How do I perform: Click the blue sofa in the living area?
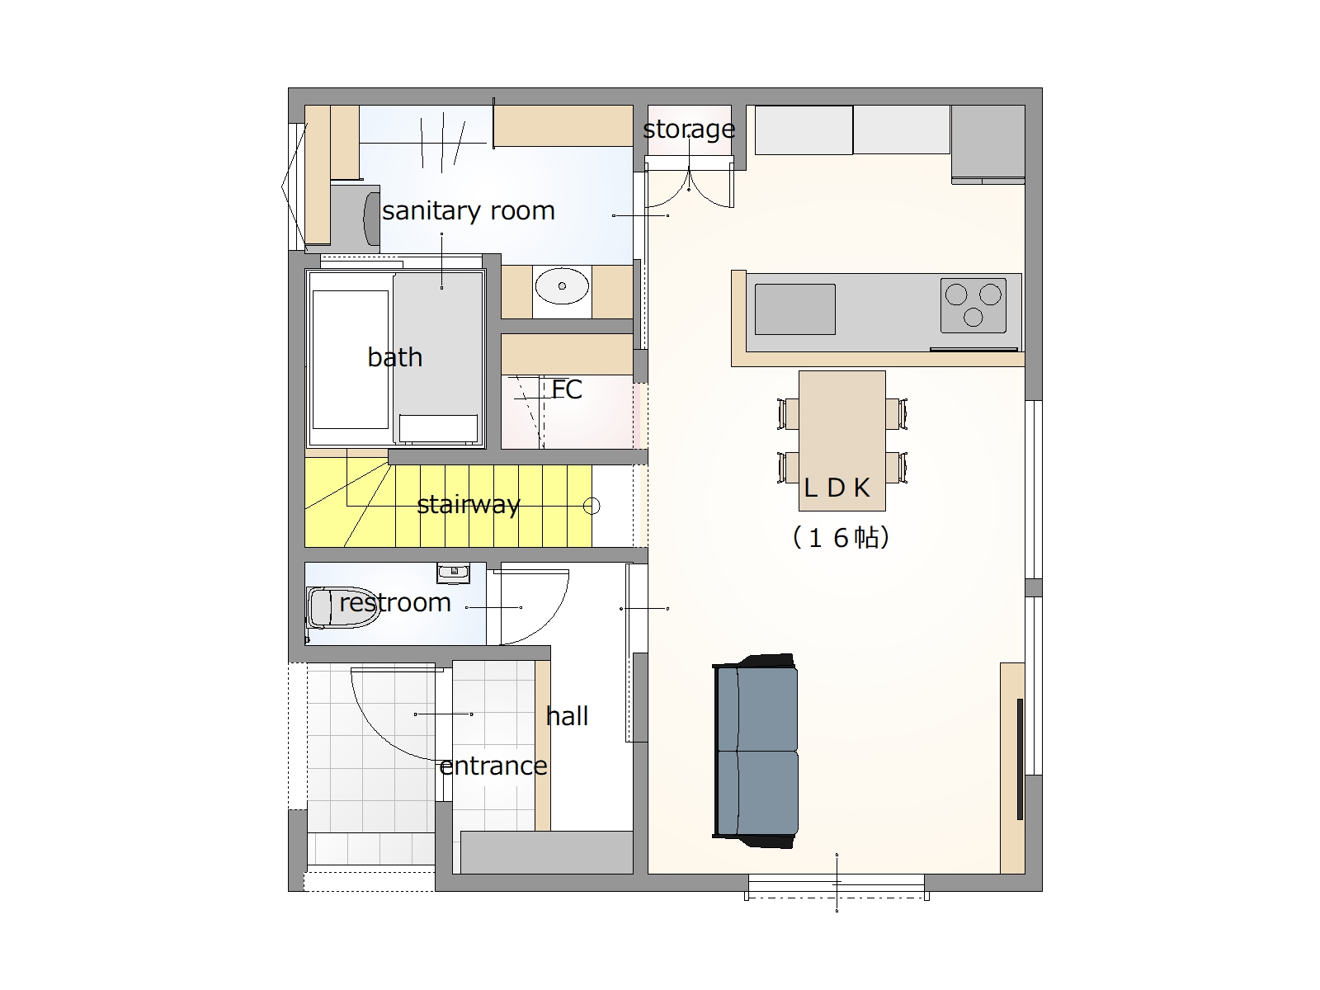[756, 751]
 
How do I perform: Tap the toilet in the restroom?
[340, 607]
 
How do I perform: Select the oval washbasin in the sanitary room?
[562, 286]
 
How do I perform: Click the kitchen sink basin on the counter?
[795, 309]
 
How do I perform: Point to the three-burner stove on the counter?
[973, 305]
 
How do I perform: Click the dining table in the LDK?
[842, 441]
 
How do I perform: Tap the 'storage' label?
[689, 130]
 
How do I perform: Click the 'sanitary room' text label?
[469, 211]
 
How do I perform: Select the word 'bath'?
[395, 358]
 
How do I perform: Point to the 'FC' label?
[567, 389]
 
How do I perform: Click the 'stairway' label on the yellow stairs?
[469, 504]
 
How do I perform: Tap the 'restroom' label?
[395, 602]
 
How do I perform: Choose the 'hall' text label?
[567, 716]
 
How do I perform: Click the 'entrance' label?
[493, 766]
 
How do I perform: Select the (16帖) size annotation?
[841, 537]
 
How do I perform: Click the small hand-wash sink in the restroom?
[453, 573]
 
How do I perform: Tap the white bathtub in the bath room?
[350, 360]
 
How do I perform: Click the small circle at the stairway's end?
[592, 506]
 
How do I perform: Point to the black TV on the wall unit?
[1020, 759]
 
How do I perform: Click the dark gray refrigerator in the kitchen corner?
[988, 144]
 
